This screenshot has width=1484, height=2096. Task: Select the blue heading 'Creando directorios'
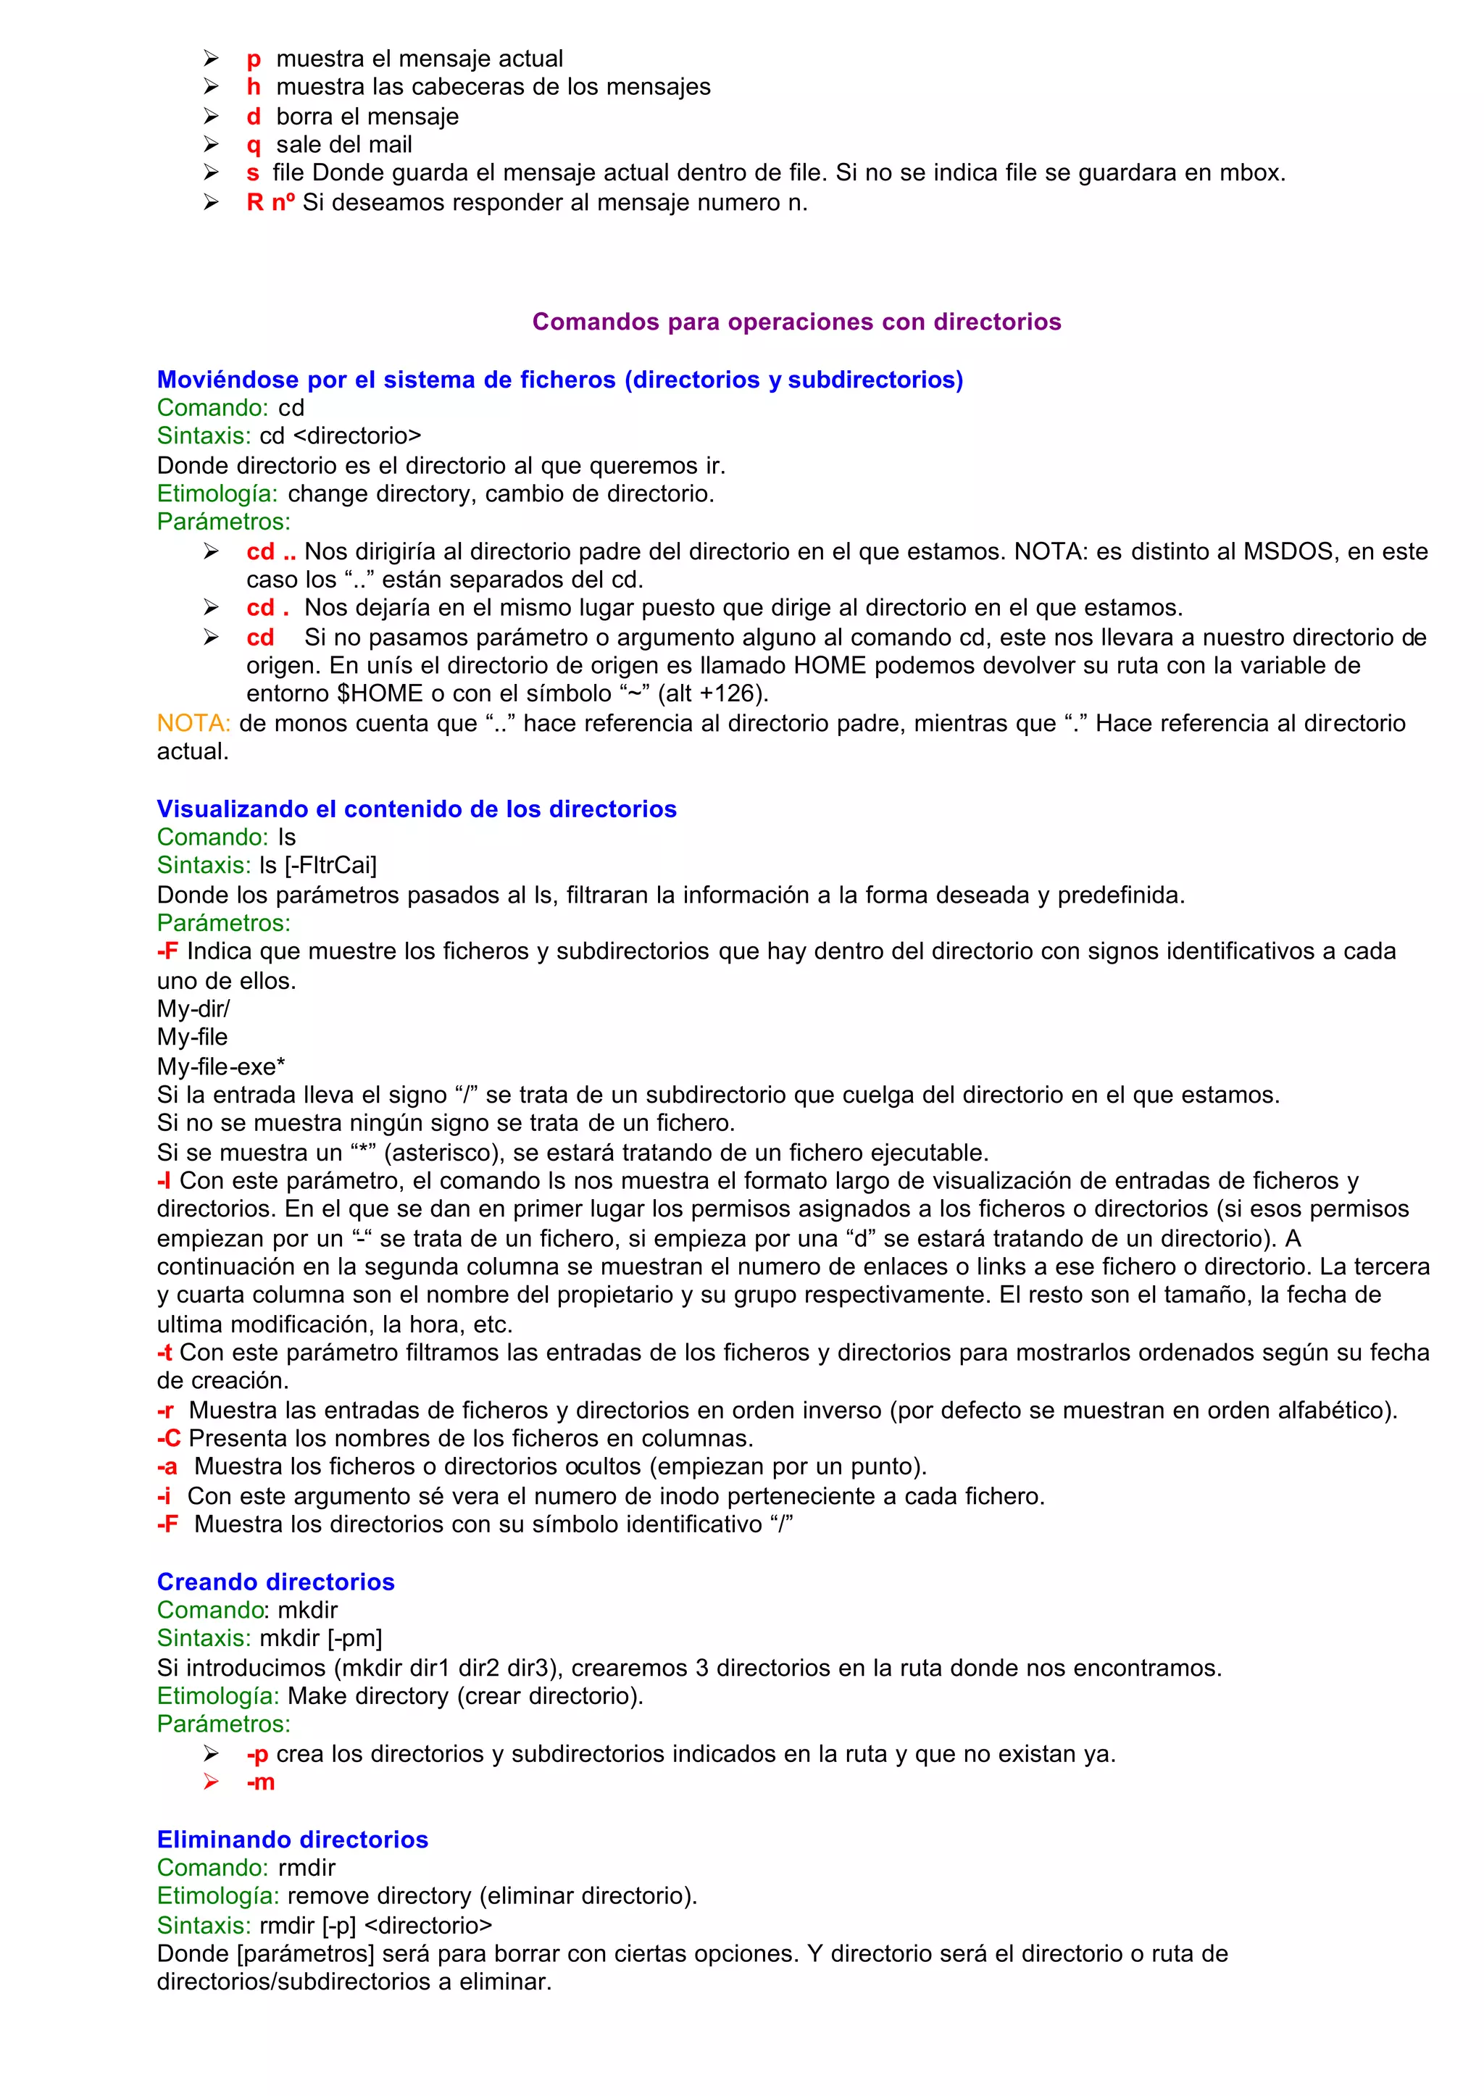point(275,1582)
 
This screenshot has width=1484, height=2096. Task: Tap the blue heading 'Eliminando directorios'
point(293,1840)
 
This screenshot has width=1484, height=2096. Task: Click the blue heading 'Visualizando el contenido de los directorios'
point(417,809)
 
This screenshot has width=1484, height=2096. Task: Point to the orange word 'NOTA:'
point(193,723)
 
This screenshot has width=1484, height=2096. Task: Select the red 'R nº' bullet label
point(270,202)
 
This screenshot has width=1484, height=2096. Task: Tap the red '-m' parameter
point(260,1782)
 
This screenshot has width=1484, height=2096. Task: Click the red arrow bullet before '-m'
point(211,1782)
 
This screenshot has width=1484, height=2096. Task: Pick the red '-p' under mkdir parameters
point(258,1753)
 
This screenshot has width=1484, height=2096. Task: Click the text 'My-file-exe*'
point(221,1066)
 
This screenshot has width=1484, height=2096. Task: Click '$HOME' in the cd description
point(380,693)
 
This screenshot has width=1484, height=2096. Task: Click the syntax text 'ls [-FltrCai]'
point(318,865)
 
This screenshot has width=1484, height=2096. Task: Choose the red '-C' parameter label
point(169,1438)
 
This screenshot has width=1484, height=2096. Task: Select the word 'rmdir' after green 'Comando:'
point(307,1868)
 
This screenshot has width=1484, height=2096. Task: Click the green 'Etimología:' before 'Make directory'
point(217,1696)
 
